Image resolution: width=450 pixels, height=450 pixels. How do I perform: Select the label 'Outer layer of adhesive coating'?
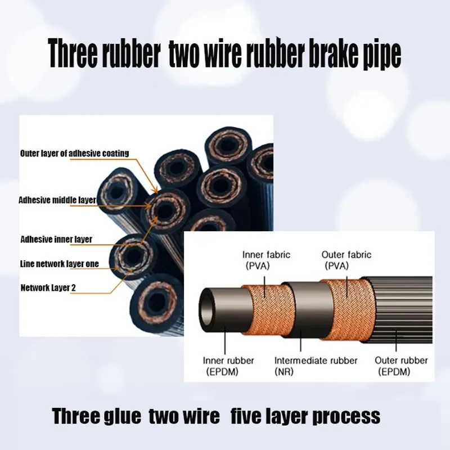[x=74, y=153]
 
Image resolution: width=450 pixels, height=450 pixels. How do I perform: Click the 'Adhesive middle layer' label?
[x=57, y=200]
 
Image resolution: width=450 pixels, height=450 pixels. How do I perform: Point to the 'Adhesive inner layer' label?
[x=56, y=239]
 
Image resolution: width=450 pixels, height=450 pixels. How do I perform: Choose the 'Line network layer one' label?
[x=59, y=264]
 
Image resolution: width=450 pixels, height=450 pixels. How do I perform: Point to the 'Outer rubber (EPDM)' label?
[x=401, y=366]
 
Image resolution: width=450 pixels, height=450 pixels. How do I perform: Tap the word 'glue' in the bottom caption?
[x=122, y=417]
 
